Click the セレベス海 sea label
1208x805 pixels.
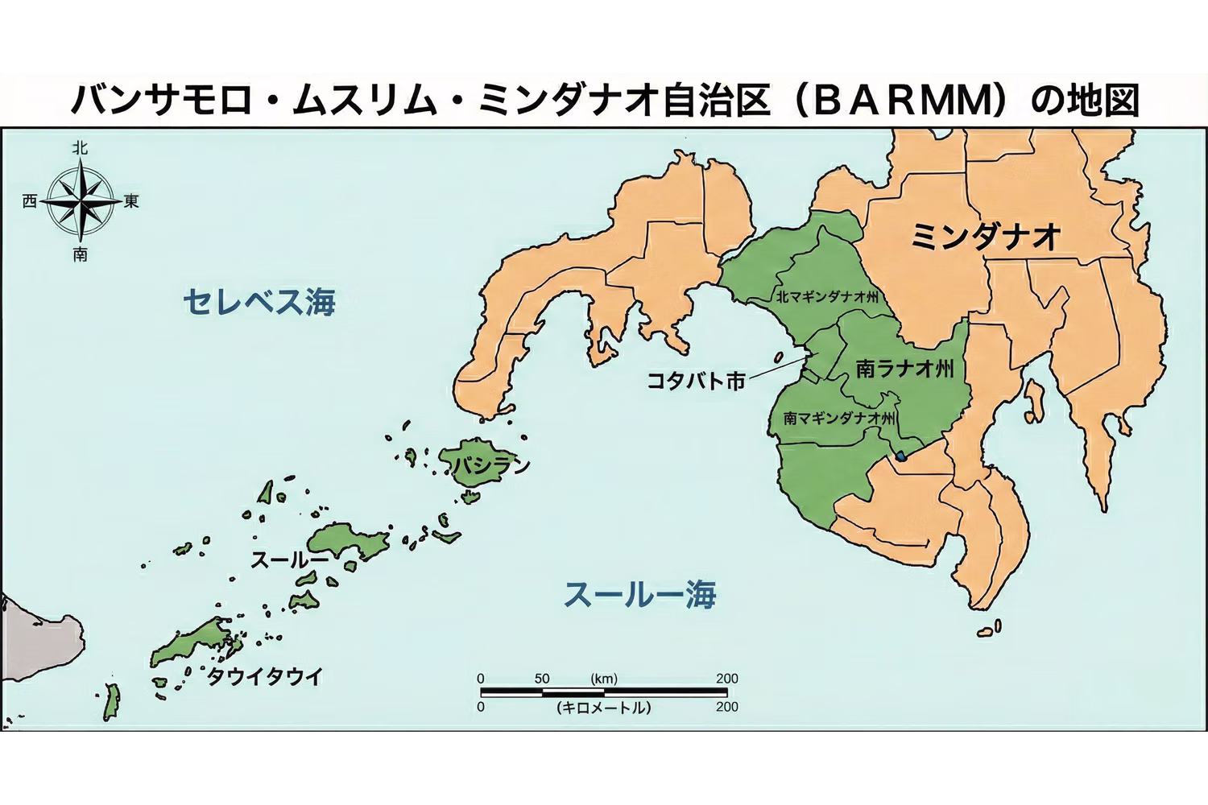(259, 303)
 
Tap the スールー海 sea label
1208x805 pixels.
(639, 595)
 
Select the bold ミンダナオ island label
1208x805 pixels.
(984, 237)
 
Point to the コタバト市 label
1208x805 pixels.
(697, 380)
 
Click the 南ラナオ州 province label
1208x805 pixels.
(904, 369)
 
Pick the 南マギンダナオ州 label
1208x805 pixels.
(839, 419)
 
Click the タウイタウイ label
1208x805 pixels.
(264, 677)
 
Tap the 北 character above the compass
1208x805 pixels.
(80, 147)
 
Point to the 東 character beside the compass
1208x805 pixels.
(130, 201)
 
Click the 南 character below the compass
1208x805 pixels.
(80, 255)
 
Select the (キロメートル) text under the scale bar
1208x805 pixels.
(603, 708)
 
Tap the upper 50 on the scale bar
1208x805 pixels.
(541, 679)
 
